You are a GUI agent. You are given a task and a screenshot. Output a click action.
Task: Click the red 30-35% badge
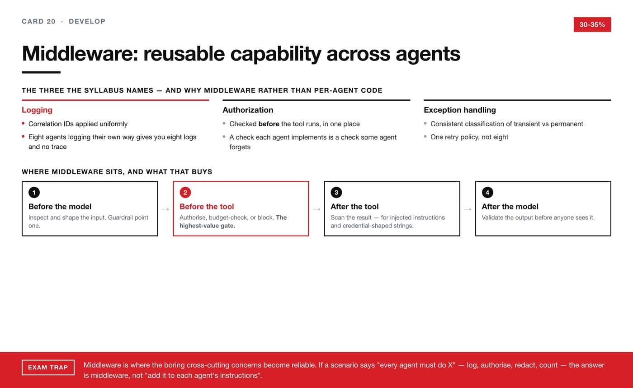[592, 24]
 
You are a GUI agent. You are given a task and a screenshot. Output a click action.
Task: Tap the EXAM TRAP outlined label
[48, 367]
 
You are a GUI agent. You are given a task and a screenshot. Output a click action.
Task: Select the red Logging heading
[37, 110]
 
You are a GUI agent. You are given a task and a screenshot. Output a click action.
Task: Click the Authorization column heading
[248, 110]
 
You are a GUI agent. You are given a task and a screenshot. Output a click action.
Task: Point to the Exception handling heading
[460, 110]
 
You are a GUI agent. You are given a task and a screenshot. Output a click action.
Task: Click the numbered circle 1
[34, 193]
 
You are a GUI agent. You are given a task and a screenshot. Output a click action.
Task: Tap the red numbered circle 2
[185, 193]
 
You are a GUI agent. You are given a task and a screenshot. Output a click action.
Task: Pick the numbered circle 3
[336, 193]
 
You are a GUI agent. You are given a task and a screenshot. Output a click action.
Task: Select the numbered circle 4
[487, 193]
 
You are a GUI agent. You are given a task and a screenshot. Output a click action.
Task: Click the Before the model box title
[60, 207]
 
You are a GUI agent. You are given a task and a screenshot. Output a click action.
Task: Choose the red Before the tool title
[207, 207]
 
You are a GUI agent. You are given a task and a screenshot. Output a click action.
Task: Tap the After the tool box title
[354, 207]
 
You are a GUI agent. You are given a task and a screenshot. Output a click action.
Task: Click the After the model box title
[510, 207]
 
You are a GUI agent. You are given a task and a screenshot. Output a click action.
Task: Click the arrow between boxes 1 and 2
[165, 209]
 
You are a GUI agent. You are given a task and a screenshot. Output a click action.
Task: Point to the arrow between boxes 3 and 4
[468, 209]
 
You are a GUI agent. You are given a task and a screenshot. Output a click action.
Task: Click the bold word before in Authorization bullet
[269, 124]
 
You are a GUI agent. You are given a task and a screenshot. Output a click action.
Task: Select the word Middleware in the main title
[80, 54]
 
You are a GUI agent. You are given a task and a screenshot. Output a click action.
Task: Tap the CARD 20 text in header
[39, 21]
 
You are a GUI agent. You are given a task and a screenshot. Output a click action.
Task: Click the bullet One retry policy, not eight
[469, 137]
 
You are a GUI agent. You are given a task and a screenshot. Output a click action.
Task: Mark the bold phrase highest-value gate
[208, 226]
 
